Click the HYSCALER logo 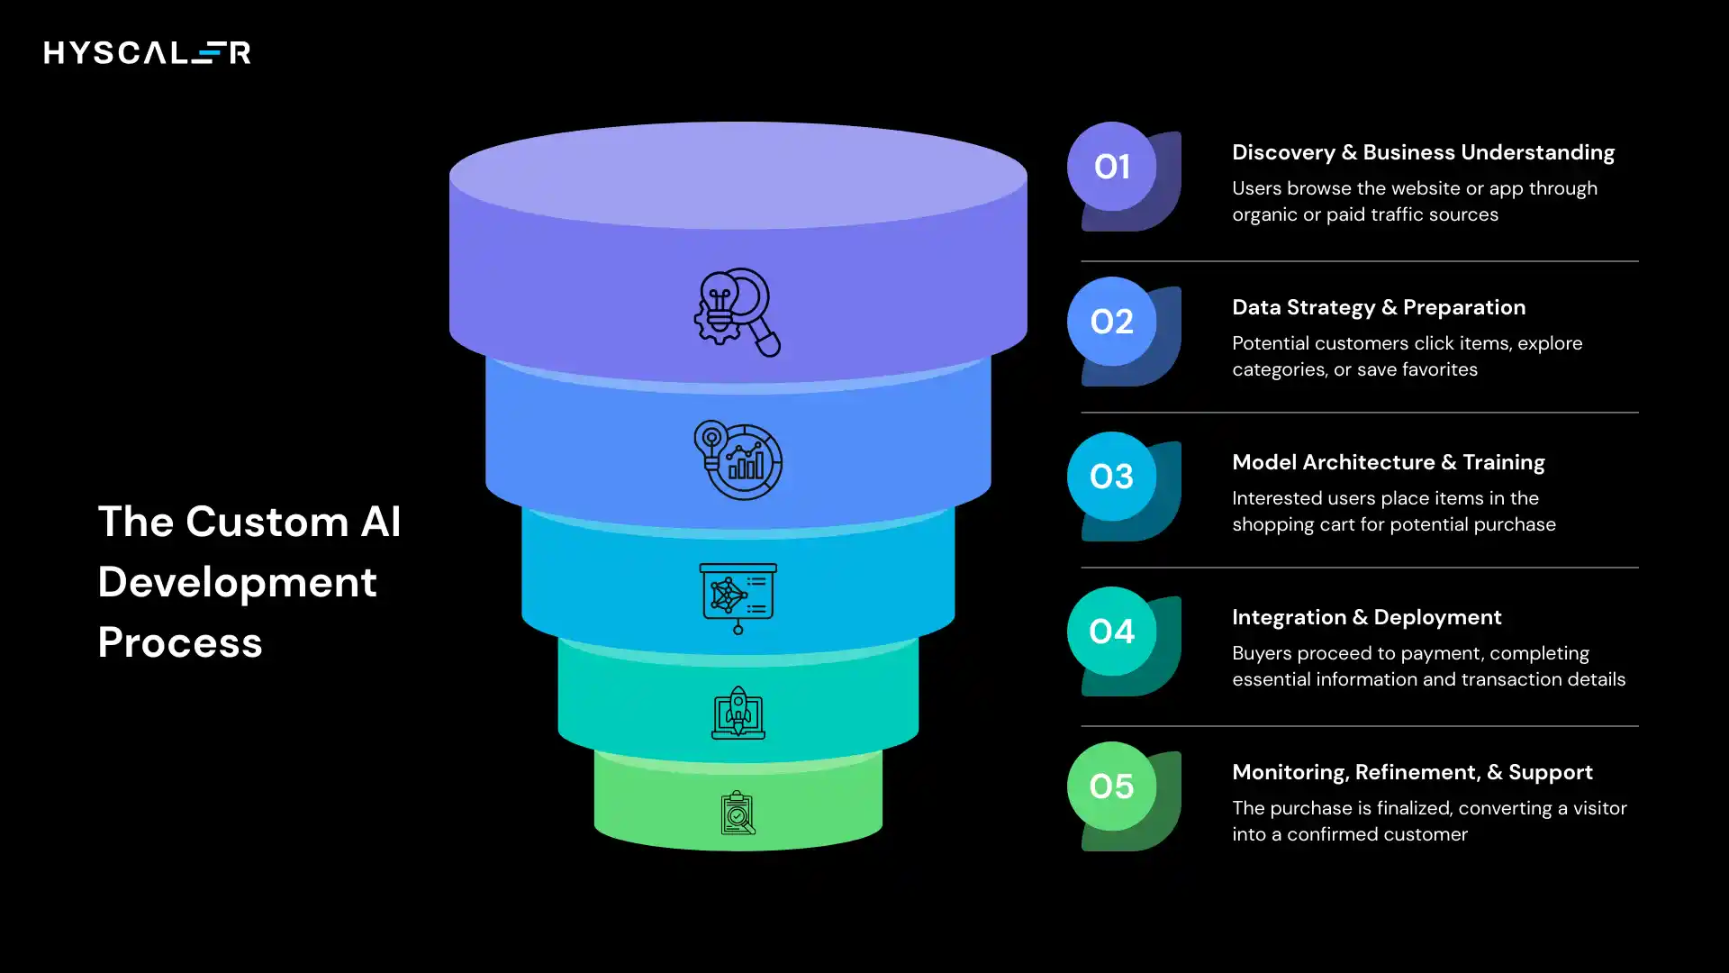tap(148, 53)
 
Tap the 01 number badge tap(1112, 167)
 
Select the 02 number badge tap(1112, 322)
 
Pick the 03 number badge tap(1112, 477)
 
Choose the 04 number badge tap(1112, 632)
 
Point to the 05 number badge tap(1112, 787)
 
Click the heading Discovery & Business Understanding tap(1423, 152)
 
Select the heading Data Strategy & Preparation tap(1379, 307)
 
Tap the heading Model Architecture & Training tap(1388, 462)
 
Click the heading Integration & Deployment tap(1366, 617)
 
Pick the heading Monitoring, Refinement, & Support tap(1412, 772)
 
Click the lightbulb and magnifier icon tap(738, 312)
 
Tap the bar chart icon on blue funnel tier tap(738, 460)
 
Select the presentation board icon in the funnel tap(738, 597)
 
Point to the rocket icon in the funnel tap(738, 713)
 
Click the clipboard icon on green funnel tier tap(738, 813)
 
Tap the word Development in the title tap(237, 582)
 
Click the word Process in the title tap(180, 642)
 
